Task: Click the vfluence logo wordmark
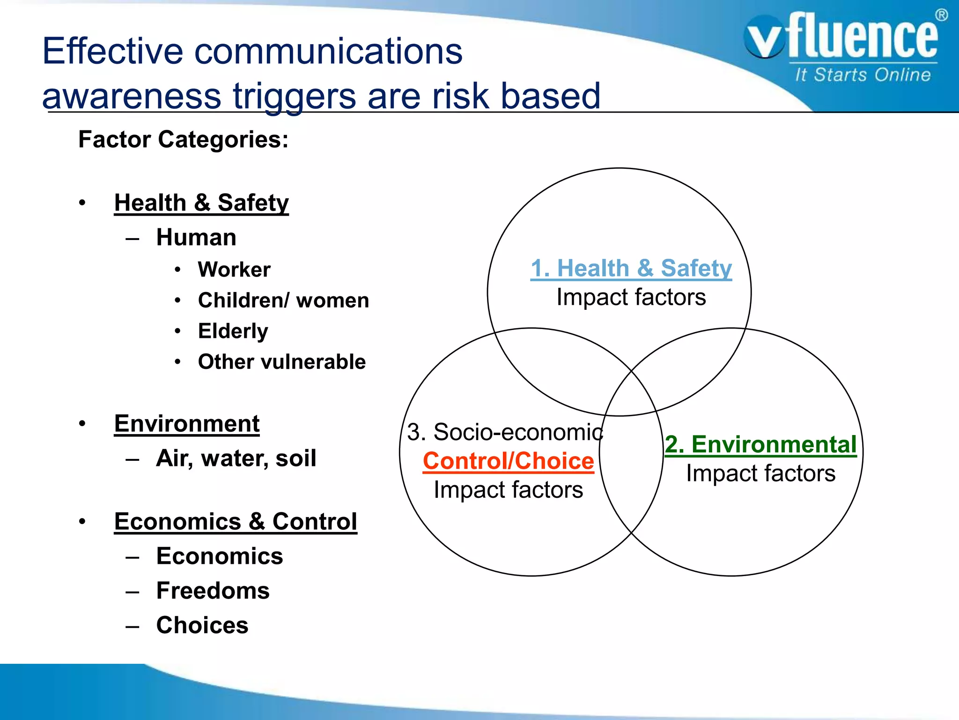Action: [843, 37]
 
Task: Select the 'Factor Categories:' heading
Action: [183, 140]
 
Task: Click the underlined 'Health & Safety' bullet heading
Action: [201, 203]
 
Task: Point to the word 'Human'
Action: [196, 237]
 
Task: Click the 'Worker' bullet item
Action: [234, 270]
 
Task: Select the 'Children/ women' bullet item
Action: [283, 300]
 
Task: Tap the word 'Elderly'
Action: [233, 331]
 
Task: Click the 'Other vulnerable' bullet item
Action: [281, 362]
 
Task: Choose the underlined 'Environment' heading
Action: [187, 424]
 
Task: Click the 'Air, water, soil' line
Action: [236, 458]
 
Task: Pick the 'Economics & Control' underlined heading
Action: [236, 522]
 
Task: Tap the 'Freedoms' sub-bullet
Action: [213, 591]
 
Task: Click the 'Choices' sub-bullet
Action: [202, 625]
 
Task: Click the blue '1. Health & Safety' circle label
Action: [631, 268]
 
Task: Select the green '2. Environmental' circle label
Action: [760, 444]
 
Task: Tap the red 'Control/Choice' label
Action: [508, 461]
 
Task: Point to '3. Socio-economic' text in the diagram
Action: [505, 432]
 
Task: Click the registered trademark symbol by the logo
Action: [941, 15]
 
